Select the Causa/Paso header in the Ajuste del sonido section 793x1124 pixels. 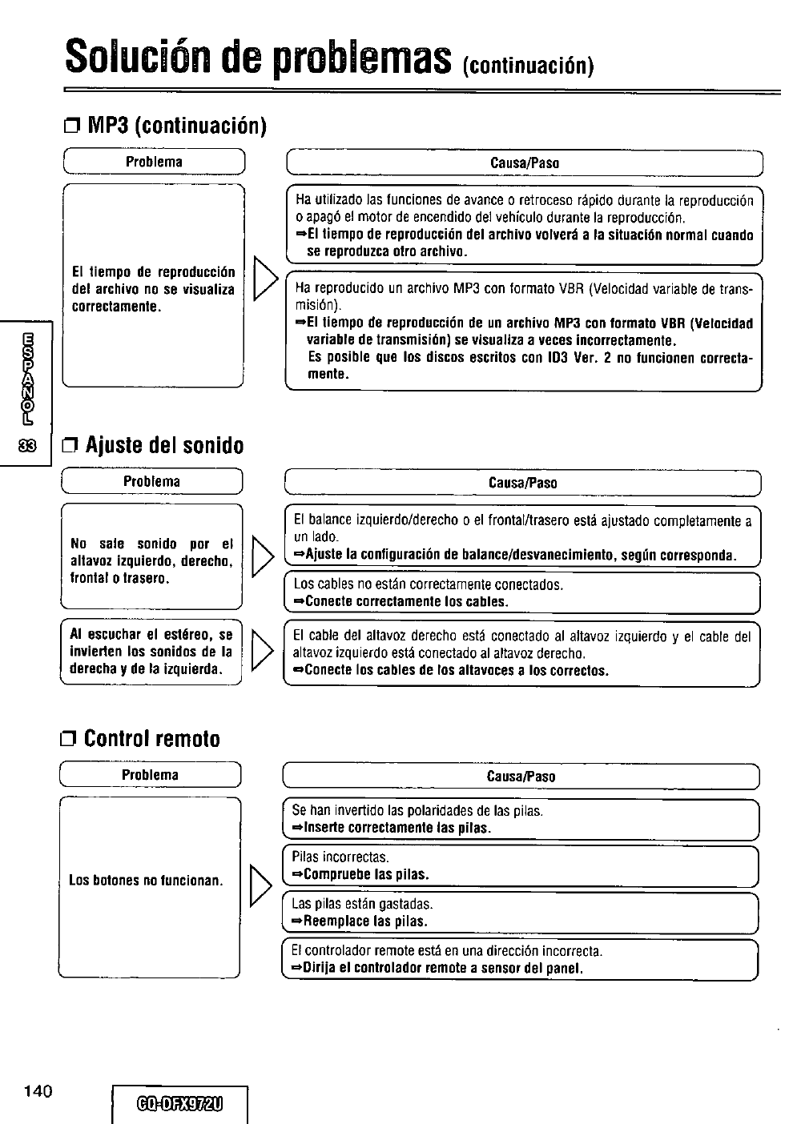[x=522, y=483]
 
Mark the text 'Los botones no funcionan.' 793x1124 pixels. [x=146, y=881]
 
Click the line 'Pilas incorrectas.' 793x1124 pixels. [x=340, y=857]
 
